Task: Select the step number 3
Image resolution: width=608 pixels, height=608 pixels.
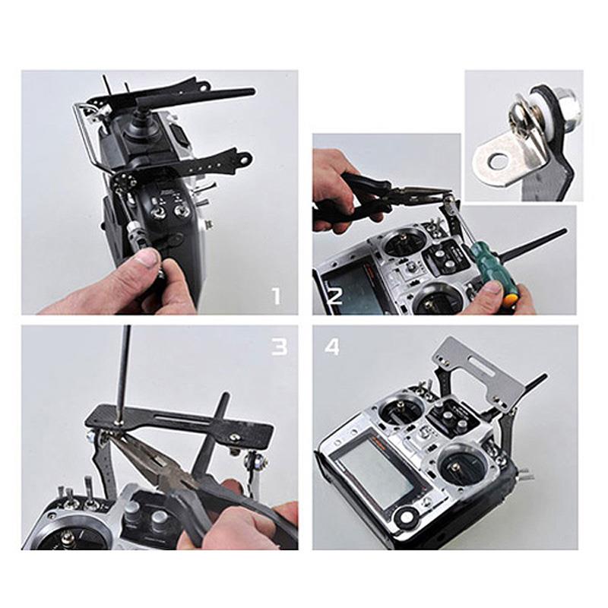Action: [280, 347]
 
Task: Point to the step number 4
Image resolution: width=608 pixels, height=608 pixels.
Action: [333, 347]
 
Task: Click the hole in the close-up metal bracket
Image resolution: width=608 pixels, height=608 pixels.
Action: [499, 160]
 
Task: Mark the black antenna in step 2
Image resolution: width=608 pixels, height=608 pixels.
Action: [543, 241]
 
